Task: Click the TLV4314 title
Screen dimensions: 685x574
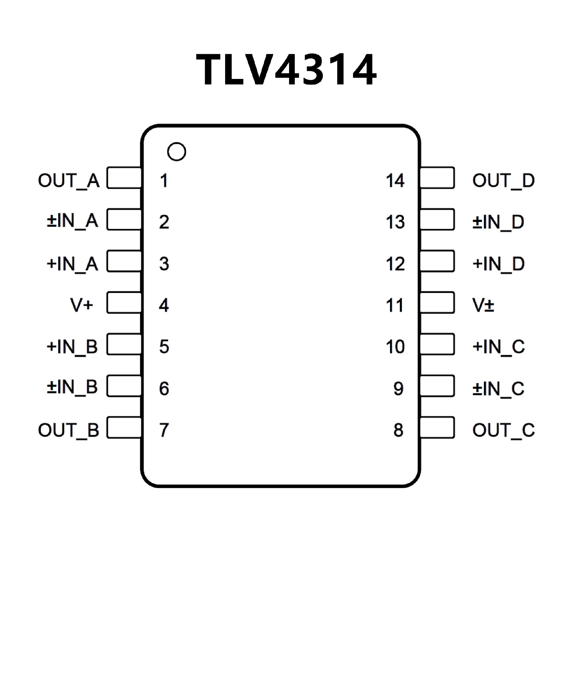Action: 286,69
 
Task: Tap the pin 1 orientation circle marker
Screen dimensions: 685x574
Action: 176,152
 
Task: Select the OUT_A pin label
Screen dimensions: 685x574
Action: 69,180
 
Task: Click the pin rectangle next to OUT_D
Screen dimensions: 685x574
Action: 437,178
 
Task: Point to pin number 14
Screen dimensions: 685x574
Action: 395,180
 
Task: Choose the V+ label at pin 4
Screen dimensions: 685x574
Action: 82,305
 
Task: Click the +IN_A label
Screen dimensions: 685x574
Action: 72,263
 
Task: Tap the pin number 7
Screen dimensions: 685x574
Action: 164,430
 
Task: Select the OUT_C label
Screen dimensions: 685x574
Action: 503,430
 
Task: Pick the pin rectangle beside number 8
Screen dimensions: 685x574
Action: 437,427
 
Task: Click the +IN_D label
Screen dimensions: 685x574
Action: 498,263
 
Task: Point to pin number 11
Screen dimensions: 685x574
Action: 395,305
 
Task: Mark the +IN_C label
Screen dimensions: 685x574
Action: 498,347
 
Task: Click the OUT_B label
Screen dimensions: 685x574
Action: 68,430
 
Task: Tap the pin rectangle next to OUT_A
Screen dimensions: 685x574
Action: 124,178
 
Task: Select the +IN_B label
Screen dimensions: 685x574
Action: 72,347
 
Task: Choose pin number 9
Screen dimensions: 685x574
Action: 398,388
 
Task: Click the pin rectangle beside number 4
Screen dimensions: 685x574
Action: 124,303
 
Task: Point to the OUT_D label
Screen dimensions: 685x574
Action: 503,180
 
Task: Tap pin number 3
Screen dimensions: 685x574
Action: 164,263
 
